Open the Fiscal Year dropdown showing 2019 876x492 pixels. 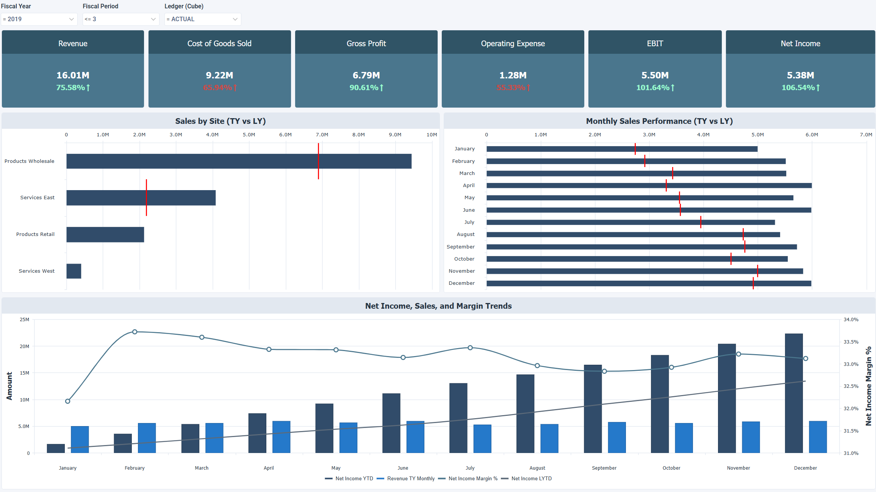click(x=39, y=19)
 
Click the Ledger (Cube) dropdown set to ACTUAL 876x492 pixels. click(x=202, y=19)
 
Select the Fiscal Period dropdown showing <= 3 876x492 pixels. click(x=120, y=19)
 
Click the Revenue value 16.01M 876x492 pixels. click(x=73, y=75)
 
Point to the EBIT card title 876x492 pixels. click(x=655, y=44)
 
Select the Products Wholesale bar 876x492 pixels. click(x=239, y=161)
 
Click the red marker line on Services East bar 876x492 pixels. click(x=146, y=198)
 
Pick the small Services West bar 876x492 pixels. click(x=74, y=271)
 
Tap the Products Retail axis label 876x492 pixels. click(x=35, y=234)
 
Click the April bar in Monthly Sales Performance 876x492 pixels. click(x=649, y=186)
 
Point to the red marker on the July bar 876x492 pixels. click(x=701, y=222)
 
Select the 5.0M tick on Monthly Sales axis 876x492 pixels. click(x=757, y=135)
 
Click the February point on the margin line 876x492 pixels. click(x=135, y=332)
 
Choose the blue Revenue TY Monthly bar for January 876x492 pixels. click(x=80, y=439)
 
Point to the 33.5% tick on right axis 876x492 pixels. click(x=851, y=342)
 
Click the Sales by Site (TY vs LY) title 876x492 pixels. click(x=220, y=121)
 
